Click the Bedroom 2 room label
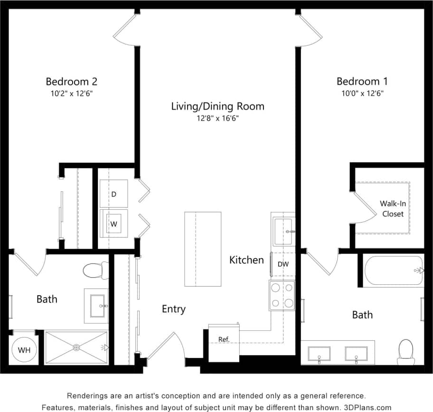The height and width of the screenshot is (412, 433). (72, 81)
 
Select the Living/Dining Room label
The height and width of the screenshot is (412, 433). (217, 106)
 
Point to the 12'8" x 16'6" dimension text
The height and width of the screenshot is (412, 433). (217, 118)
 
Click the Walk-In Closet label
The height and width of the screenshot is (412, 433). (393, 208)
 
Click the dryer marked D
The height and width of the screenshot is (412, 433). (113, 194)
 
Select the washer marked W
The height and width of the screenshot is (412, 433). (113, 223)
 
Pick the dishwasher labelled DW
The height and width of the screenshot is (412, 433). (282, 264)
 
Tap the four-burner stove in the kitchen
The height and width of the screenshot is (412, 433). (282, 295)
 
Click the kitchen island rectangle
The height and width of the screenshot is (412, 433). (203, 249)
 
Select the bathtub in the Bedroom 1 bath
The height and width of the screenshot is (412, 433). (393, 271)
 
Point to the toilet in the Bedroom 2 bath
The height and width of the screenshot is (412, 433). (95, 271)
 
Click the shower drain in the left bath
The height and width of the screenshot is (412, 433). (77, 347)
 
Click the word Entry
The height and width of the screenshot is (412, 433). (174, 309)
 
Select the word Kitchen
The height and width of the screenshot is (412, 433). (246, 260)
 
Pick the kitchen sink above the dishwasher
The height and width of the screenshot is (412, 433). (283, 231)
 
